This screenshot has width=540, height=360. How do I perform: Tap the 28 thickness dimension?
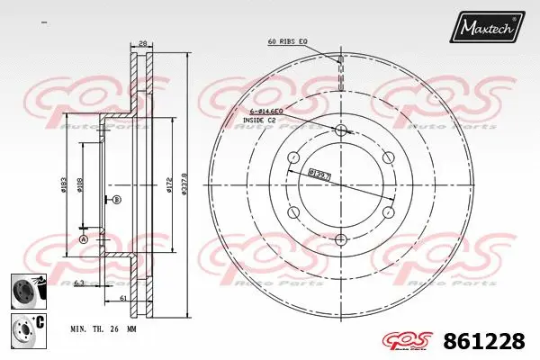point(142,42)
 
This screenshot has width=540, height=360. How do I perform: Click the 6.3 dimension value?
point(80,283)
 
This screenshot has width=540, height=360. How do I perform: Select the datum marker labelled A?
point(84,240)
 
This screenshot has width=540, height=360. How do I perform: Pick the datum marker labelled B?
point(119,199)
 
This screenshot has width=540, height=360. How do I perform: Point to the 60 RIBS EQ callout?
point(288,42)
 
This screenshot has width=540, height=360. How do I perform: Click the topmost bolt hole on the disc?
point(340,132)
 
